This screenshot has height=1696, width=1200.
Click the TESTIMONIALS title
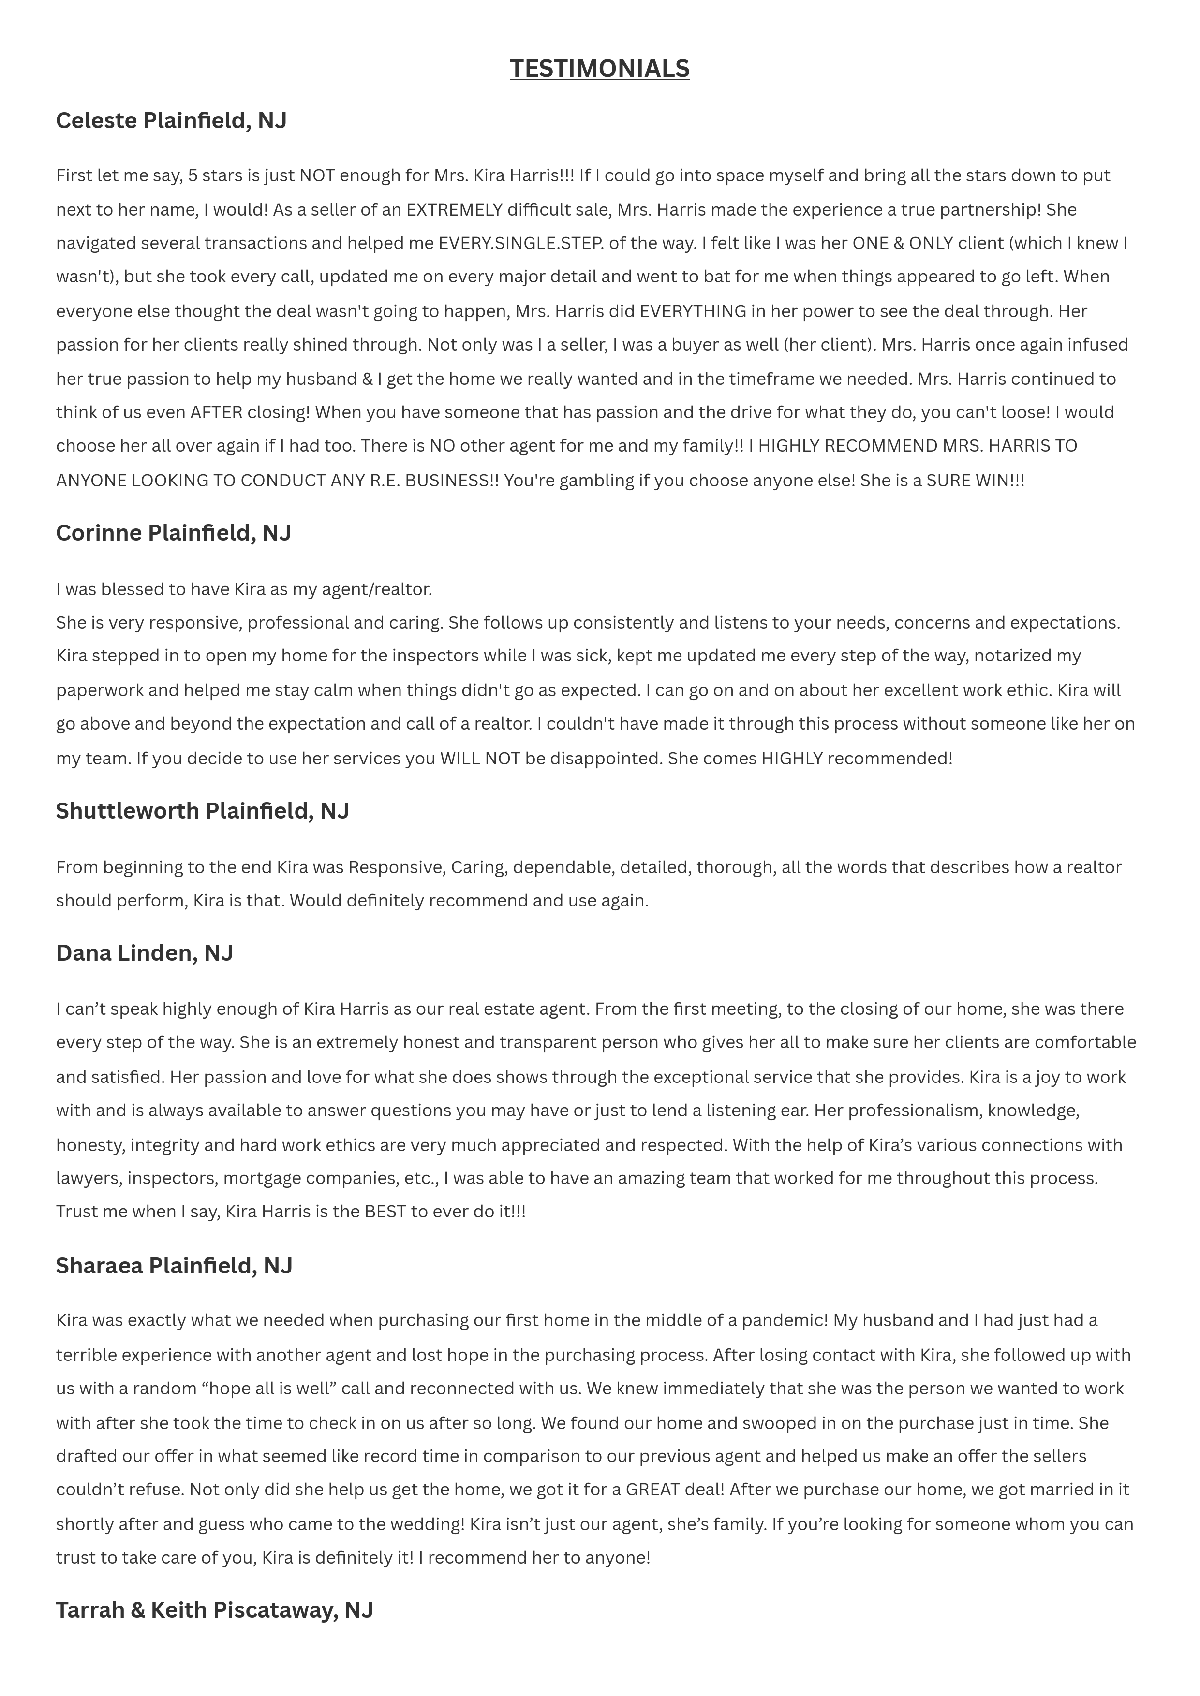pyautogui.click(x=599, y=69)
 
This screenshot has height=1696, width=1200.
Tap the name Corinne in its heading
pyautogui.click(x=99, y=533)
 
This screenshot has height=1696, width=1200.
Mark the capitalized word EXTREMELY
pyautogui.click(x=454, y=210)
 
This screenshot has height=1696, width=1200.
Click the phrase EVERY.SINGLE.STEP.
pyautogui.click(x=521, y=243)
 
